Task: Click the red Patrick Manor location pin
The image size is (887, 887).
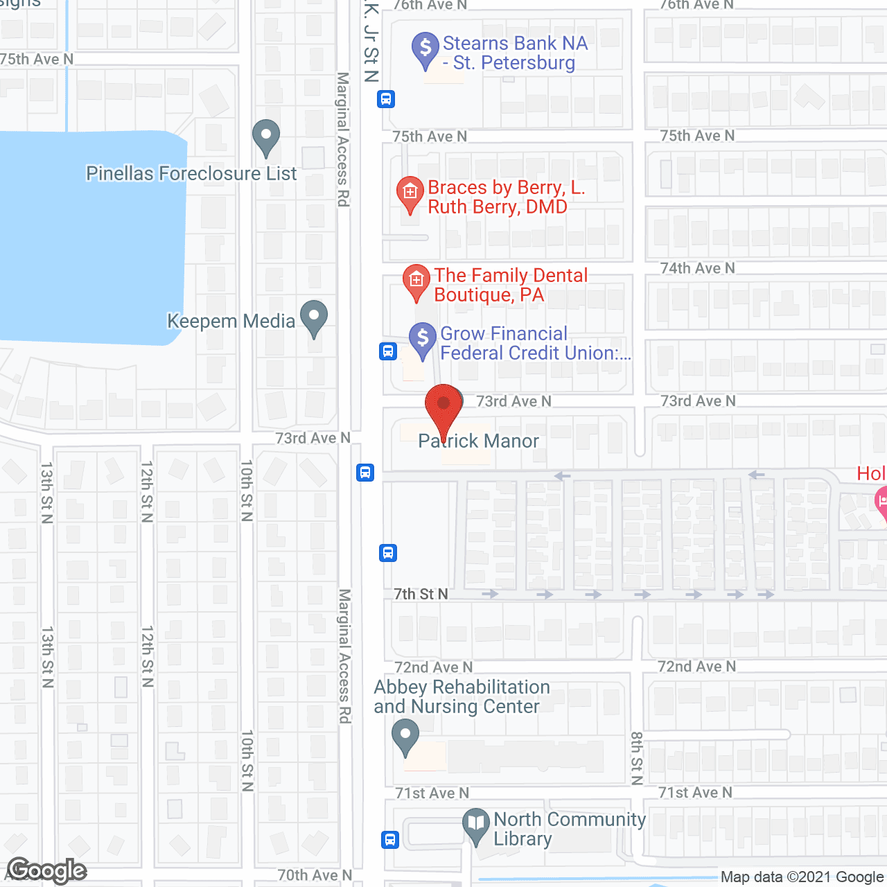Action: point(443,405)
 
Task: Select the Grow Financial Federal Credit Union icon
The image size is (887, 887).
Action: point(422,340)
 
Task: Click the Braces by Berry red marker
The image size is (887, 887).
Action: point(410,193)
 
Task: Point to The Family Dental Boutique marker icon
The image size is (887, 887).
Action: point(416,281)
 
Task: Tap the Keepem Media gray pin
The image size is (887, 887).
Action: point(314,318)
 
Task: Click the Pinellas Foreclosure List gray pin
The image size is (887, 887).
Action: point(265,137)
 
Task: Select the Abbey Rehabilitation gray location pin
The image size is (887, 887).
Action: point(405,737)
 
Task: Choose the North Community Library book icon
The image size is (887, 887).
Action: point(476,825)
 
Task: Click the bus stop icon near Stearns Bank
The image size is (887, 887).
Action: point(386,99)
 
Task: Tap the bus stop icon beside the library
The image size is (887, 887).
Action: point(390,839)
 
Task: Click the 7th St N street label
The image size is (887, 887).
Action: point(421,594)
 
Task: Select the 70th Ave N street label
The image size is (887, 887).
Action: point(315,875)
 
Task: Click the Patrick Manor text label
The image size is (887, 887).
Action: point(479,441)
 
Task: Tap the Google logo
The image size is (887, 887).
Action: point(46,870)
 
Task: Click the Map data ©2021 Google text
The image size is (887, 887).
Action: point(802,877)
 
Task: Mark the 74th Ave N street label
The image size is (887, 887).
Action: point(697,268)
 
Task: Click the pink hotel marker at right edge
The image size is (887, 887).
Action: point(882,502)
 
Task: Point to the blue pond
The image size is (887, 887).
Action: point(90,236)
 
